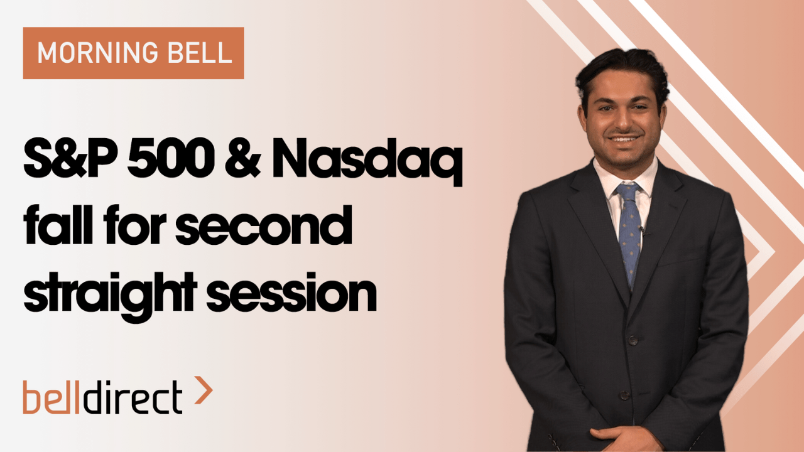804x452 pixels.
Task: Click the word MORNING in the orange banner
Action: click(x=97, y=53)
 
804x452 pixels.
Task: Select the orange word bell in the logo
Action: click(x=51, y=397)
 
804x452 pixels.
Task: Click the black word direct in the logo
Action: click(x=133, y=397)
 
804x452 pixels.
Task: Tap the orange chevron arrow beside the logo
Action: click(x=204, y=390)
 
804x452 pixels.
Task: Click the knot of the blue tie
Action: click(x=628, y=190)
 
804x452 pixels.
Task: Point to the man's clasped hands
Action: click(x=625, y=438)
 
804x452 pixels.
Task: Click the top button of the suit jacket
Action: click(x=633, y=340)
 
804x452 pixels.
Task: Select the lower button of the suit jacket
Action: click(x=625, y=395)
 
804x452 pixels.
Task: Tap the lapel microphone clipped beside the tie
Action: click(x=643, y=230)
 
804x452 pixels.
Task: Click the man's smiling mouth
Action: click(x=624, y=139)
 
